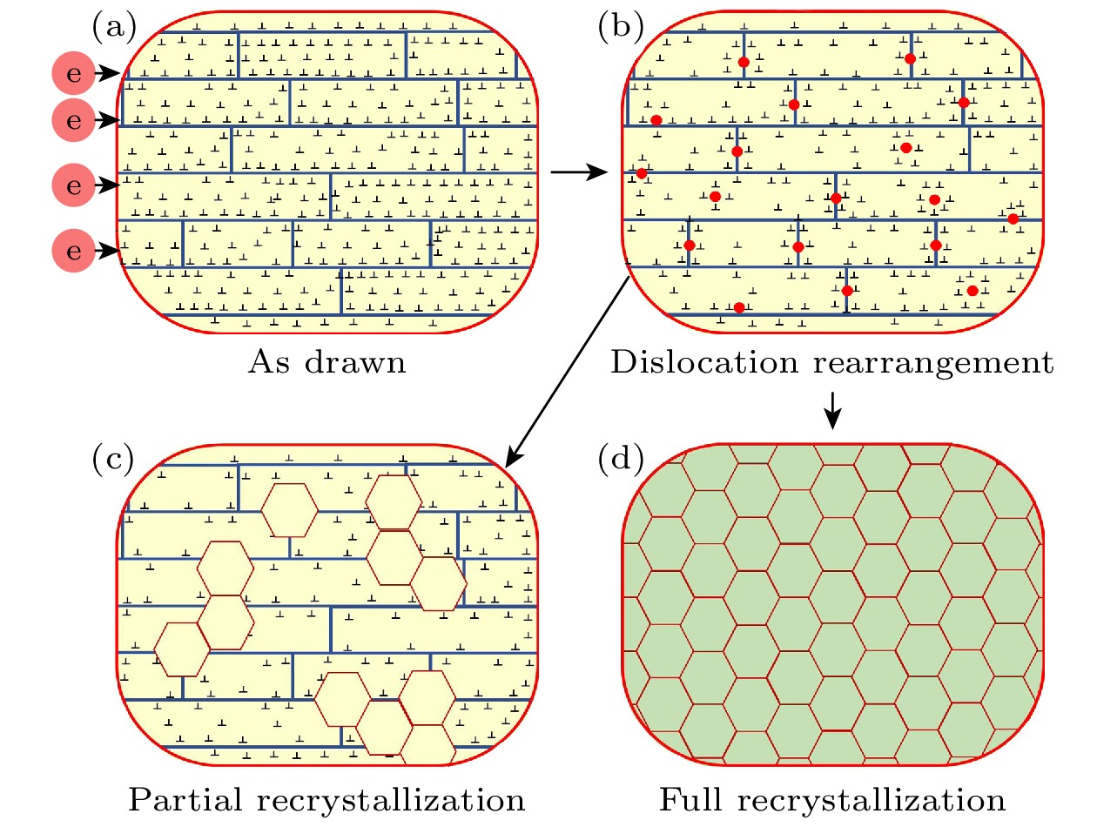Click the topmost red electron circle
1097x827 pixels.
point(73,74)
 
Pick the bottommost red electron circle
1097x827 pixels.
point(73,252)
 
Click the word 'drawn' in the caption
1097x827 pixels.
point(353,361)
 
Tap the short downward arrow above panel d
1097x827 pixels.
point(833,409)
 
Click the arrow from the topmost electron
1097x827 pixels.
point(108,75)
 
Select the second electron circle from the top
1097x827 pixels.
point(73,118)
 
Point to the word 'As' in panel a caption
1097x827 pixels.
point(266,361)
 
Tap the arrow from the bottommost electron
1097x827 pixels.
point(108,252)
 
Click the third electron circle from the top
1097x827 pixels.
point(73,185)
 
